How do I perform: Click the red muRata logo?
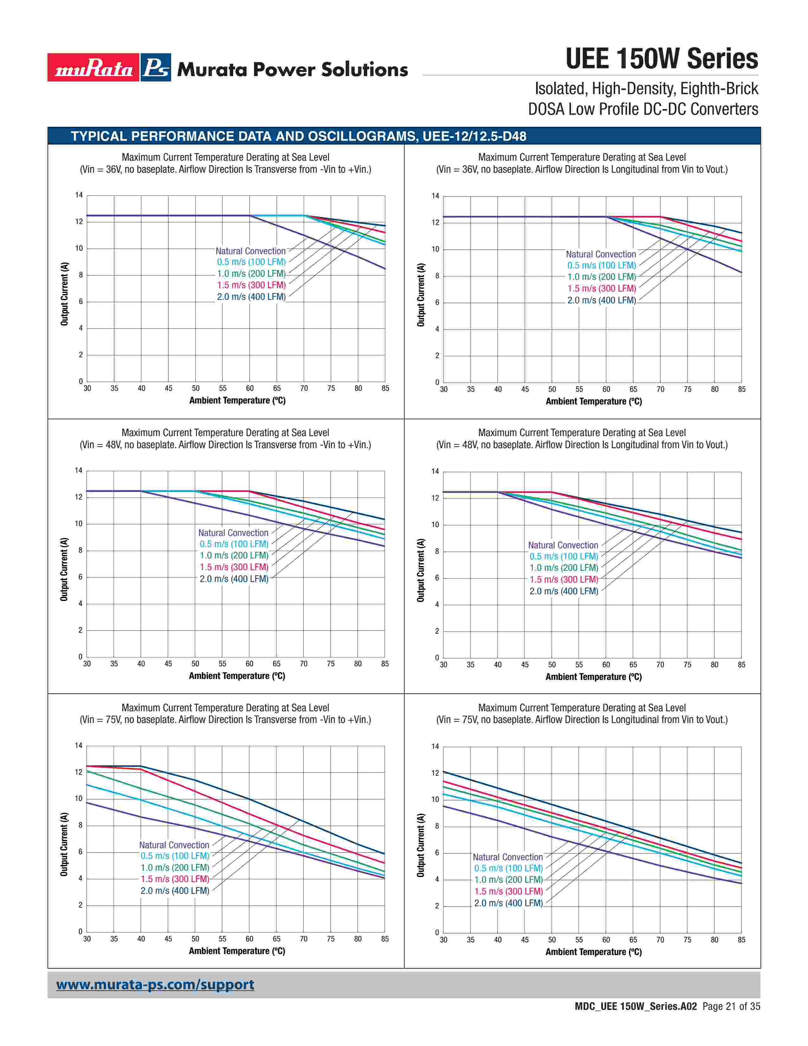(93, 68)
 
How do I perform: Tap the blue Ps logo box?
(156, 68)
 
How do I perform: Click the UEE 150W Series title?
(662, 59)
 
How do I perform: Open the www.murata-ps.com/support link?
(155, 985)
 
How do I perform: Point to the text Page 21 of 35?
(731, 1006)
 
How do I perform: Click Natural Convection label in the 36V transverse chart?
(250, 251)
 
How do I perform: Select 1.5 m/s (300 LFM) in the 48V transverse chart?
(234, 567)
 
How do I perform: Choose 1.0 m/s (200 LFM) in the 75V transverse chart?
(175, 867)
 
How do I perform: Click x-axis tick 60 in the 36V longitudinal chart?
(606, 389)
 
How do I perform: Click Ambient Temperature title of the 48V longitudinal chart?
(593, 677)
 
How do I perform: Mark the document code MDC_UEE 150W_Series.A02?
(636, 1006)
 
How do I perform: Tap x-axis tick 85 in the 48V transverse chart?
(385, 664)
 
